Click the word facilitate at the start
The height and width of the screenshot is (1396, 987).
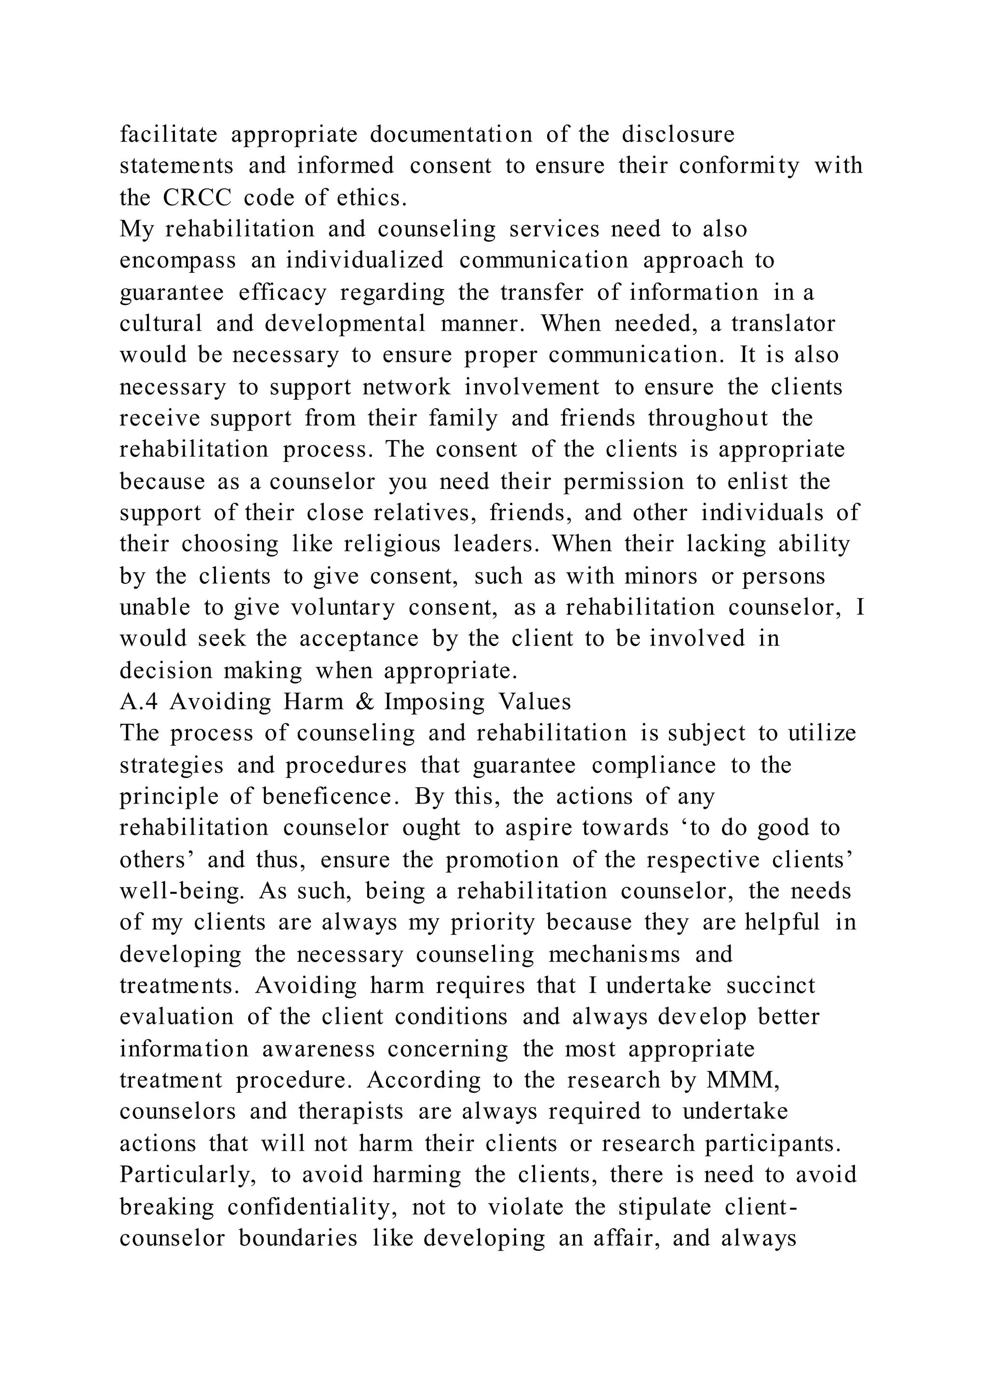(168, 134)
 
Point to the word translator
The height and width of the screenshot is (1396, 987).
(784, 323)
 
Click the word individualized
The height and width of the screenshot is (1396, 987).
(365, 260)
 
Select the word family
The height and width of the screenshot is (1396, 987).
(463, 418)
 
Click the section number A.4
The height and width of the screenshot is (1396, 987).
(139, 702)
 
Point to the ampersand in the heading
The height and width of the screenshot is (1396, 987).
(362, 702)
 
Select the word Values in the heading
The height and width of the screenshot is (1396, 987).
(535, 702)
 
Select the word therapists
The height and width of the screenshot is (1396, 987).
(351, 1112)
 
